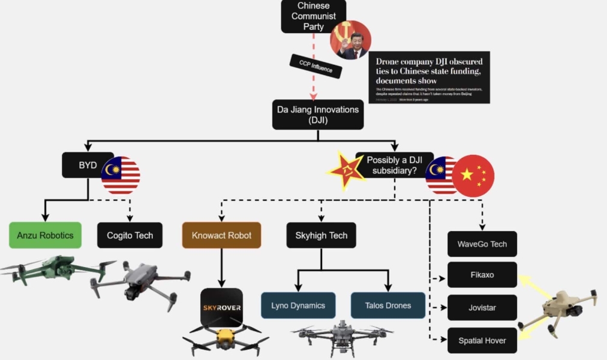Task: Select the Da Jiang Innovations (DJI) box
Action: (x=318, y=115)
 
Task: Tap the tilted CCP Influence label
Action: (x=315, y=66)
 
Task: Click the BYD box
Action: (x=88, y=165)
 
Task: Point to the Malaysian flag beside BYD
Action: (x=121, y=175)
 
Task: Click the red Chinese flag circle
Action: (x=473, y=175)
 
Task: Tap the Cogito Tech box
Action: (x=130, y=235)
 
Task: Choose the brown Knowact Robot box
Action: (x=221, y=235)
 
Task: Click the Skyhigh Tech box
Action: (x=321, y=235)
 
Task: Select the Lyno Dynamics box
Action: (x=298, y=305)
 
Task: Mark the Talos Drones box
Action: (x=388, y=305)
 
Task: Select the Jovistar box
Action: (x=482, y=308)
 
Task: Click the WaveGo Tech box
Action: (x=482, y=244)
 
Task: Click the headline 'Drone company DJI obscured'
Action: (x=429, y=62)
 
